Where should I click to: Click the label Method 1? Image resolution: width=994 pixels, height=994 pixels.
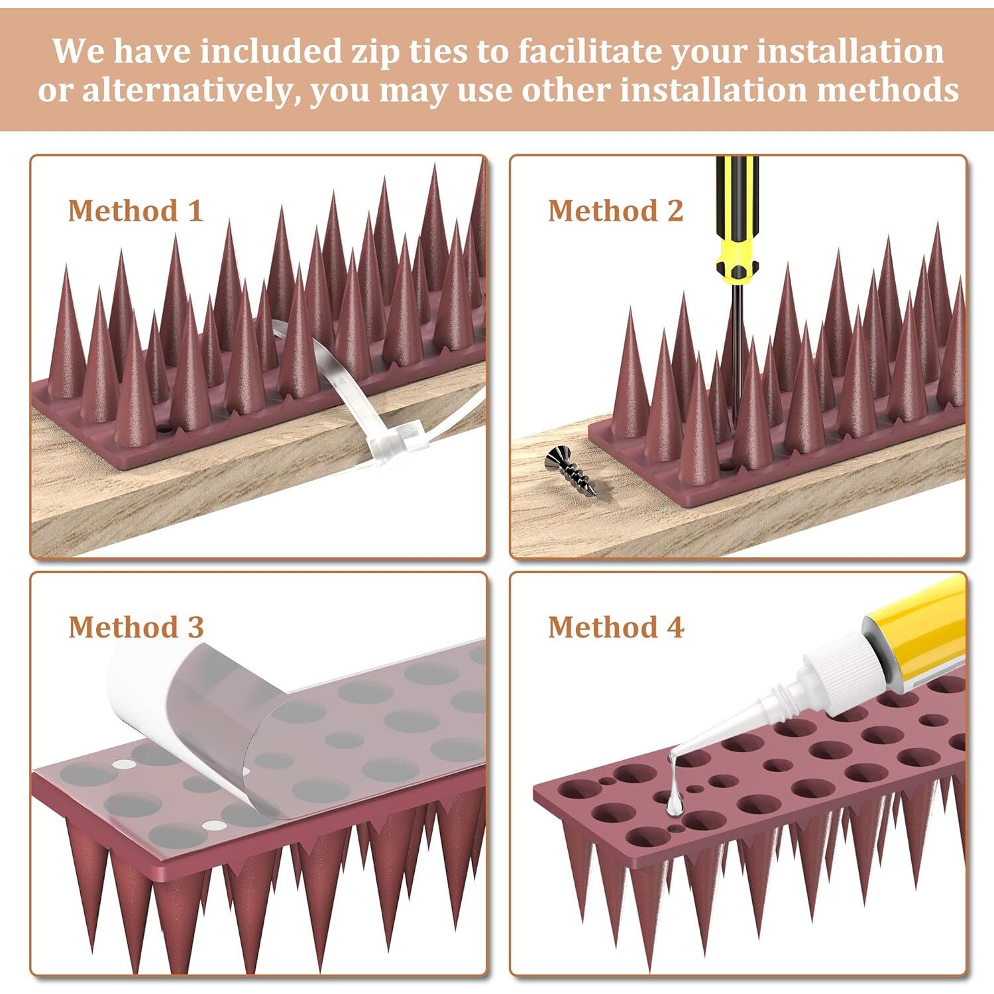coord(135,211)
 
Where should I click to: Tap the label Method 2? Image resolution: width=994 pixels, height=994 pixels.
coord(615,211)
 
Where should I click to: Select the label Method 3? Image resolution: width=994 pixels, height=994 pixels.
coord(136,627)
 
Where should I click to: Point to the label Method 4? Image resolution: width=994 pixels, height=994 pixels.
coord(616,627)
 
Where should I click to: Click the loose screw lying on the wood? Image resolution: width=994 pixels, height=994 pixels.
coord(571,471)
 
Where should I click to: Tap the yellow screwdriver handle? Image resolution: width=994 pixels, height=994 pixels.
coord(736,219)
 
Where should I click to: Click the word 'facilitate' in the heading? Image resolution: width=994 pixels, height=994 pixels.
coord(590,51)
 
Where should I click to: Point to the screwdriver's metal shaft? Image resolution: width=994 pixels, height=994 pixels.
coord(736,351)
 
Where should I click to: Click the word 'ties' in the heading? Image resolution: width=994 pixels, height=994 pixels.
coord(437,51)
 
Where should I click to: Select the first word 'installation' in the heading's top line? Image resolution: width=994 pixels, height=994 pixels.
coord(850,51)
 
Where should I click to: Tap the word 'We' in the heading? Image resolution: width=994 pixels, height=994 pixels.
coord(78,51)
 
